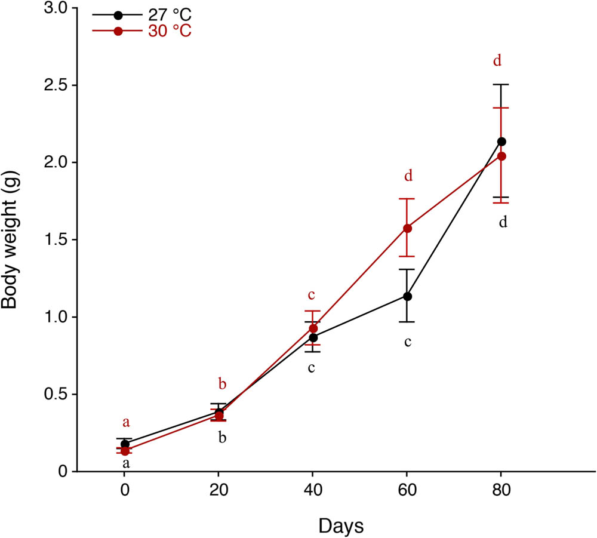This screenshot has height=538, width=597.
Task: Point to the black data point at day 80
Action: coord(501,142)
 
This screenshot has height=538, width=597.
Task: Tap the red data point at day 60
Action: coord(408,228)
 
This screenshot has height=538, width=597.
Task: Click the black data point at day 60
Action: coord(408,296)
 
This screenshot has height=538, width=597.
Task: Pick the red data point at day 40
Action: coord(313,328)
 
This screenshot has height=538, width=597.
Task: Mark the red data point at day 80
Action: coord(501,156)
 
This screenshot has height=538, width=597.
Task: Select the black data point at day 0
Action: coord(125,444)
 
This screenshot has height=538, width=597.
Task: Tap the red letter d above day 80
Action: coord(497,60)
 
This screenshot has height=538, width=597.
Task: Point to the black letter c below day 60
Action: coord(408,342)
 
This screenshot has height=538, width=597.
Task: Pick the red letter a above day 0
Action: coord(126,422)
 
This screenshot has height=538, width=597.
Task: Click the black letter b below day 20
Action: coord(222,438)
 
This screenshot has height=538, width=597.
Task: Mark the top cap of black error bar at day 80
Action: coord(501,85)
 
